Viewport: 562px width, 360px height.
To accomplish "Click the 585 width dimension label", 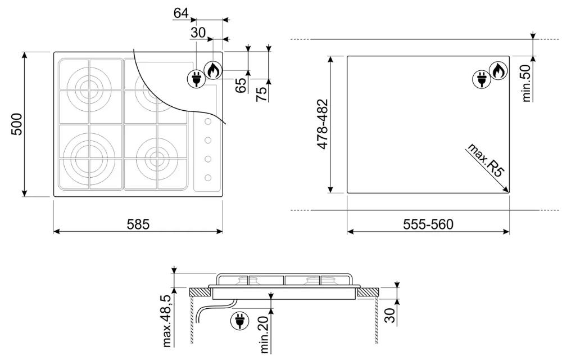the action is coord(138,224).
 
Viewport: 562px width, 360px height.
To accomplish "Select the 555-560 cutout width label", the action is coord(428,224).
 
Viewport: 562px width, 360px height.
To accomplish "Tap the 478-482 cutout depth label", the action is coord(323,124).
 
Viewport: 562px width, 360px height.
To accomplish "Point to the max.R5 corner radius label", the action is coord(486,160).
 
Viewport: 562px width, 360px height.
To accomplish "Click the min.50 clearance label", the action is coord(526,83).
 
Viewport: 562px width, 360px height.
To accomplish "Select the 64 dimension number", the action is coord(181,13).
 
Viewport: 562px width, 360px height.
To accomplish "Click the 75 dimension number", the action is coord(262,94).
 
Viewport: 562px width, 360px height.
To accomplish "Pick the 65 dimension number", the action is coord(241,85).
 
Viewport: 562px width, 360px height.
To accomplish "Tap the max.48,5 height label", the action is coord(167,321).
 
